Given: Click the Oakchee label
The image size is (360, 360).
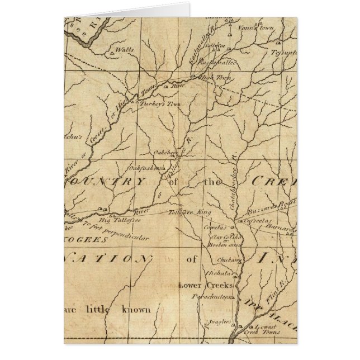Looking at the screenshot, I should click(x=165, y=151).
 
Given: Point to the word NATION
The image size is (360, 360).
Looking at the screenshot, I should click(x=107, y=259).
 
